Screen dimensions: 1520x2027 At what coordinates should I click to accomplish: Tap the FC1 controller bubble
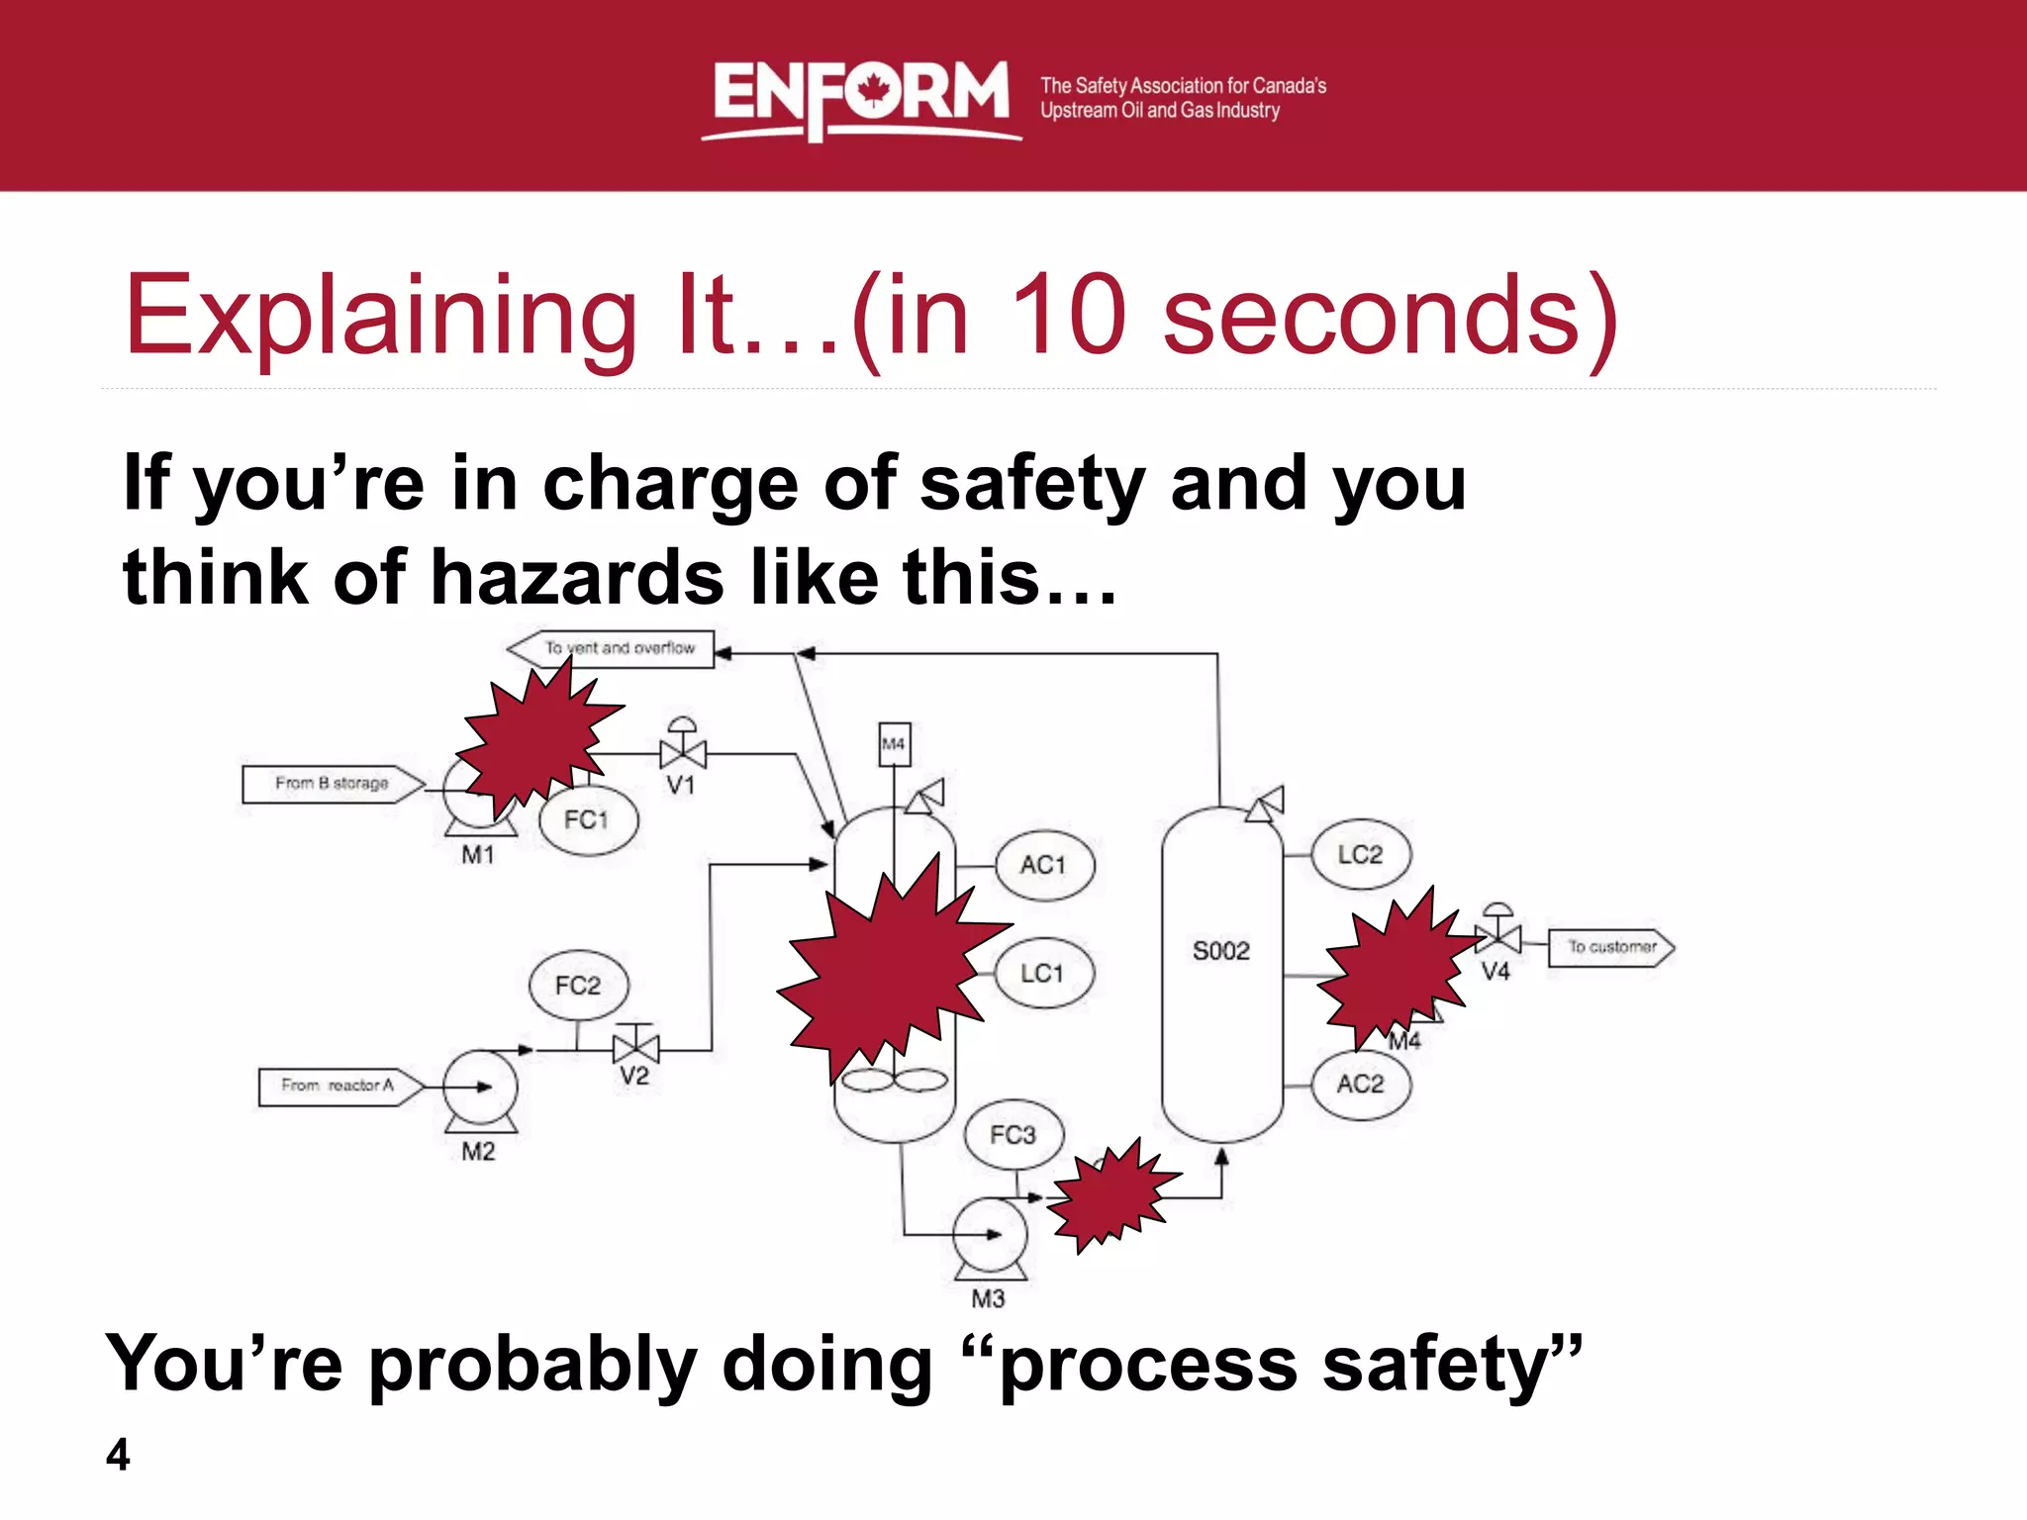tap(588, 819)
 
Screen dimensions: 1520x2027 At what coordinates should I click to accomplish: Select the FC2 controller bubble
tap(579, 986)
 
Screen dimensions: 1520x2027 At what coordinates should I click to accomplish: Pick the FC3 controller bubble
tap(1013, 1134)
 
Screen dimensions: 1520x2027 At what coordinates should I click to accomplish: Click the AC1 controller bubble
tap(1044, 865)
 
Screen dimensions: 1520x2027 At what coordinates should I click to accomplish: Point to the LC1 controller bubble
tap(1043, 974)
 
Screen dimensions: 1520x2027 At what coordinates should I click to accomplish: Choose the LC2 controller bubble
tap(1361, 854)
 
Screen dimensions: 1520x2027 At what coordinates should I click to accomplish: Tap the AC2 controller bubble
tap(1361, 1085)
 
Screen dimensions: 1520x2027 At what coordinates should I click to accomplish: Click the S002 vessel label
tap(1221, 951)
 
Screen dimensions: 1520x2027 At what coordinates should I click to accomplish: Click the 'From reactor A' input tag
tap(339, 1086)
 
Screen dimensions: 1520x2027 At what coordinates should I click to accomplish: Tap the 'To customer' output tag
tap(1610, 947)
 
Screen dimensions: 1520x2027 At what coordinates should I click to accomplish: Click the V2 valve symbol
tap(635, 1047)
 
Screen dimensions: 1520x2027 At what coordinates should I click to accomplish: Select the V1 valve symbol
tap(683, 754)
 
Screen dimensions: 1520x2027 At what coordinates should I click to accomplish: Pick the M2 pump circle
tap(480, 1087)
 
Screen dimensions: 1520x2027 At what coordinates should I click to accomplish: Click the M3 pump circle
tap(990, 1234)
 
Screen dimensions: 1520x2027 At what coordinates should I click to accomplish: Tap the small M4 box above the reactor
tap(894, 744)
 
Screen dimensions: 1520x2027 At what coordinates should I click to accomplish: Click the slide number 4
tap(118, 1455)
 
